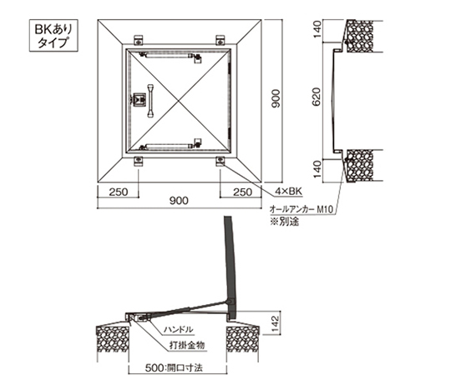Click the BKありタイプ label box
coord(53,35)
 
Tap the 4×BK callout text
coord(288,192)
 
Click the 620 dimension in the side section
coord(317,97)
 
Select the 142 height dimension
coord(276,323)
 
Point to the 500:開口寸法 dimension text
coord(174,368)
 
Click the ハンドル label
coord(178,330)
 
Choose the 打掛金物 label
coord(187,345)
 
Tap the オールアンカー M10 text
coord(302,210)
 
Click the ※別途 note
coord(284,222)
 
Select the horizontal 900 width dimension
coord(179,201)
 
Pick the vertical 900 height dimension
coord(276,98)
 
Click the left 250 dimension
coord(119,192)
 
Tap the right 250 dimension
coord(242,192)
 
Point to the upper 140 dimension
coord(317,29)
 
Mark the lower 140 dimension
coord(317,169)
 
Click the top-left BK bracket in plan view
coord(139,40)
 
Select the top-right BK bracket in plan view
coord(220,40)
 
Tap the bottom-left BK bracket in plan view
coord(139,161)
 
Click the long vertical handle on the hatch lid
coord(150,101)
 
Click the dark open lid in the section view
coord(231,267)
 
